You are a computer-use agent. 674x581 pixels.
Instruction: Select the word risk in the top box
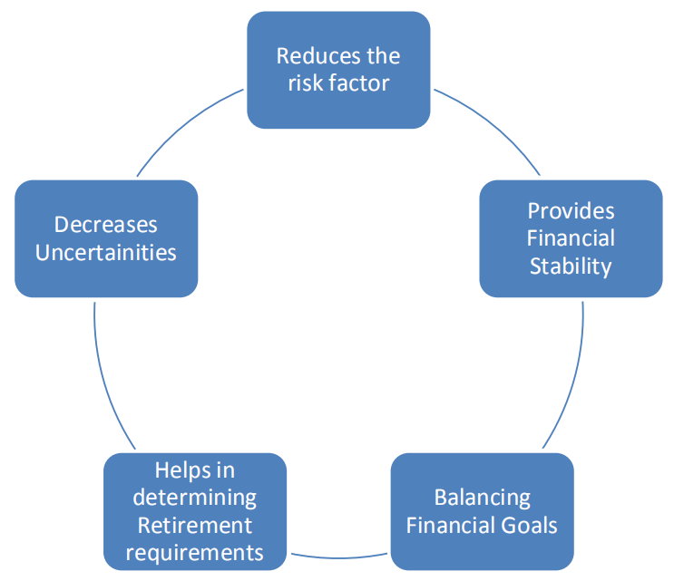tap(306, 82)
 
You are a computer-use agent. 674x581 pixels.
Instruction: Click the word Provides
tap(571, 211)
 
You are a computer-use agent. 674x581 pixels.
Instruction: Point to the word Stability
tap(571, 266)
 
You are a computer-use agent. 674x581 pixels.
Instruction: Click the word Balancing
tap(483, 499)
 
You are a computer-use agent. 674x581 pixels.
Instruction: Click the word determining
tap(195, 499)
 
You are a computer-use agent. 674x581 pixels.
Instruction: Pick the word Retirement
tap(195, 525)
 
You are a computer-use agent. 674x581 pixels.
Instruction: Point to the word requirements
tap(195, 553)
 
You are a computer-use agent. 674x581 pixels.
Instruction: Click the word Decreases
tap(106, 225)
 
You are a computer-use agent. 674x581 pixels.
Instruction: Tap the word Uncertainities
tap(106, 252)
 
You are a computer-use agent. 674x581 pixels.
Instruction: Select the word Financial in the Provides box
tap(571, 237)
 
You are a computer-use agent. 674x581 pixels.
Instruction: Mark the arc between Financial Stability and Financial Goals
tap(573, 378)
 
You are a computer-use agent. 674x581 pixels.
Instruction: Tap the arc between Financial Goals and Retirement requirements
tap(338, 558)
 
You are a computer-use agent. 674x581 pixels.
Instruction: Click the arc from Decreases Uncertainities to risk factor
tap(184, 124)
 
